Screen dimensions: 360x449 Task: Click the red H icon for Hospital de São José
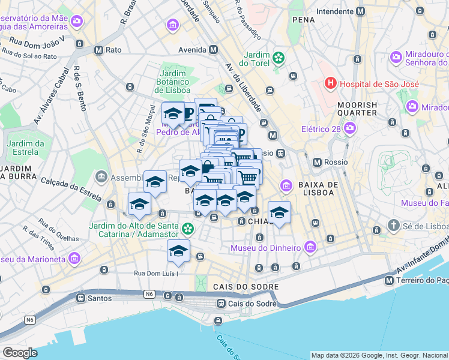[x=330, y=83]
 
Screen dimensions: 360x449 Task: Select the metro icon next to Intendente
[x=360, y=11]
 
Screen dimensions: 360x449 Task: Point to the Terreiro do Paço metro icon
[x=390, y=281]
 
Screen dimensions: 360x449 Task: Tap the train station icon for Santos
[x=80, y=298]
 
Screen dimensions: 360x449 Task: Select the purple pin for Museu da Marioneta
[x=74, y=259]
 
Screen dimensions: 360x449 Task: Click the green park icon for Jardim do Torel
[x=278, y=58]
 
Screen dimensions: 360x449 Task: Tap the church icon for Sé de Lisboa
[x=393, y=226]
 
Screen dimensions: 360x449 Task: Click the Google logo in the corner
[x=19, y=352]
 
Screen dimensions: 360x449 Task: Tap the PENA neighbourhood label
[x=304, y=20]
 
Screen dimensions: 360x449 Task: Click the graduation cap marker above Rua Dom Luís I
[x=179, y=252]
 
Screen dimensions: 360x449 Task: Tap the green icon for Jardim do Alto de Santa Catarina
[x=188, y=228]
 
